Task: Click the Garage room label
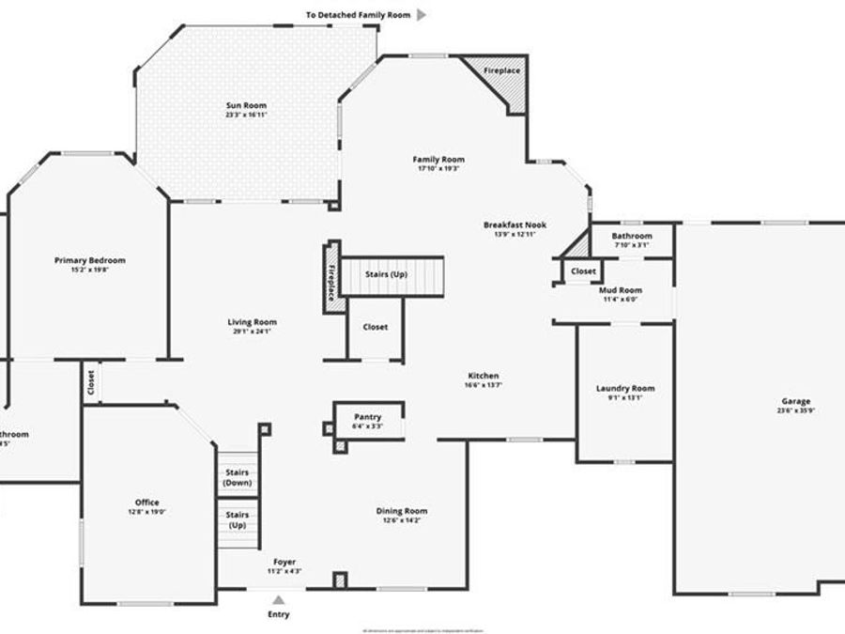click(x=793, y=401)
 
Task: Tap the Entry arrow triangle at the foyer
click(x=278, y=598)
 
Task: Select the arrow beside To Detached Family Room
click(x=422, y=15)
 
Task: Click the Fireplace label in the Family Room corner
click(x=501, y=71)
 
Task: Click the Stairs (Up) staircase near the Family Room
click(x=391, y=275)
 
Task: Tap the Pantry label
click(x=367, y=417)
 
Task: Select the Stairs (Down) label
click(x=238, y=477)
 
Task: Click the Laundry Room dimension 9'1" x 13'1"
click(x=624, y=397)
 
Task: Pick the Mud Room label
click(x=620, y=290)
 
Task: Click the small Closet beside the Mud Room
click(x=582, y=271)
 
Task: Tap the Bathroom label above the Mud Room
click(x=632, y=236)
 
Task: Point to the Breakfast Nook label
click(x=515, y=224)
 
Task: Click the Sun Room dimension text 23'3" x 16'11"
click(x=246, y=115)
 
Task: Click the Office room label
click(x=146, y=503)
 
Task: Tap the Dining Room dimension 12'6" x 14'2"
click(x=402, y=520)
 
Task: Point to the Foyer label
click(x=284, y=561)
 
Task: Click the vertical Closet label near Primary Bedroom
click(x=91, y=383)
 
